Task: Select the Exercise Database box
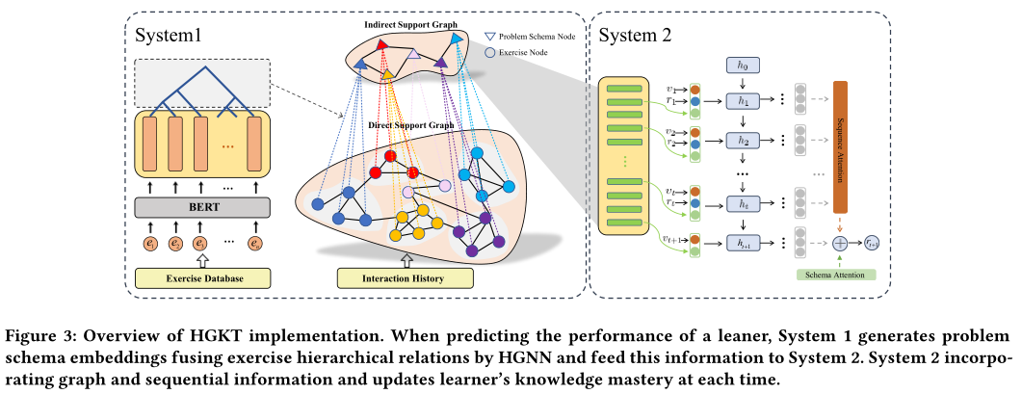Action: coord(200,279)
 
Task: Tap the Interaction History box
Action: coord(406,278)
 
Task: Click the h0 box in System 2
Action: coord(743,66)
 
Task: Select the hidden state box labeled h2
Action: coord(743,140)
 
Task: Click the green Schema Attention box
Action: coord(837,276)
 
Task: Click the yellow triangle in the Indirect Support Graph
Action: coord(387,74)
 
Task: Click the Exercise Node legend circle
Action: coord(490,53)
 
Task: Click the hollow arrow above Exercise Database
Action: coord(200,261)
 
